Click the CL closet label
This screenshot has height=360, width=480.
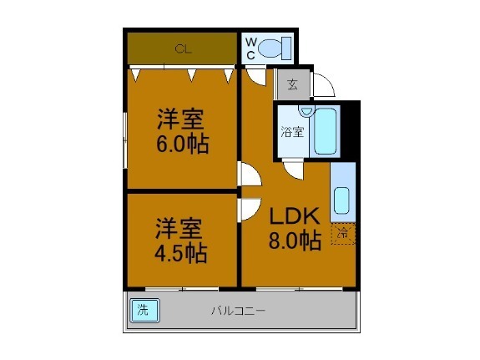pos(183,49)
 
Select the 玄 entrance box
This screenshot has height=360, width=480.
pos(291,84)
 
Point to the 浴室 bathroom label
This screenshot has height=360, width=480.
pos(291,132)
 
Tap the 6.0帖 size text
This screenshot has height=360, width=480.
pos(183,145)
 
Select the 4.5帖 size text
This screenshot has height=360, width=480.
pos(181,253)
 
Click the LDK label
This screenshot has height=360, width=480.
pos(294,216)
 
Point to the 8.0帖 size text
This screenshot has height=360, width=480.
pos(295,241)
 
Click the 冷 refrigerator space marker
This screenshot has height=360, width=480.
pos(342,234)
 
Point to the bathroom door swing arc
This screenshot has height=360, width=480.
pos(292,170)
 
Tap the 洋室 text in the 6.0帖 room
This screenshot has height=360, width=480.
pos(183,119)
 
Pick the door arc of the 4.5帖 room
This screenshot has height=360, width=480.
pos(250,208)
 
